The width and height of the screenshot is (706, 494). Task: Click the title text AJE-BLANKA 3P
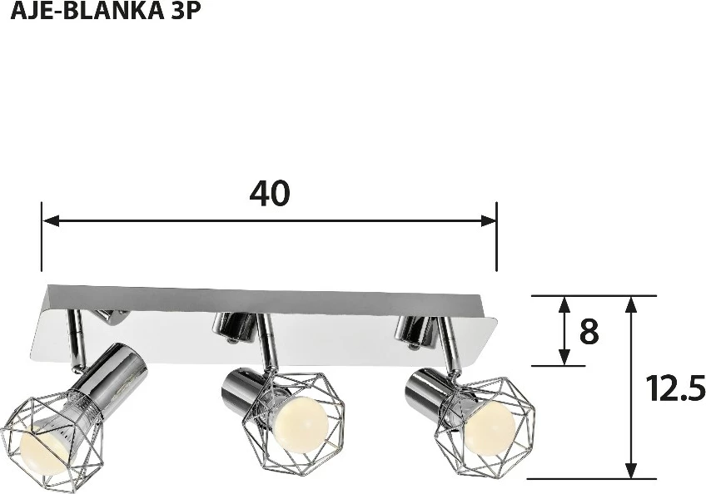[x=106, y=12]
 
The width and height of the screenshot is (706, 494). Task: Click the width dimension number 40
[x=269, y=193]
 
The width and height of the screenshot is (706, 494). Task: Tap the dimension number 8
[x=589, y=332]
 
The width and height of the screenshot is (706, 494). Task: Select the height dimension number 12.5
[x=674, y=388]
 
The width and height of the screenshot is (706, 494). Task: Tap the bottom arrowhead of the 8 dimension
[x=564, y=358]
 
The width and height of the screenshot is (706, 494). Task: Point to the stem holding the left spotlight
[x=77, y=341]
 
